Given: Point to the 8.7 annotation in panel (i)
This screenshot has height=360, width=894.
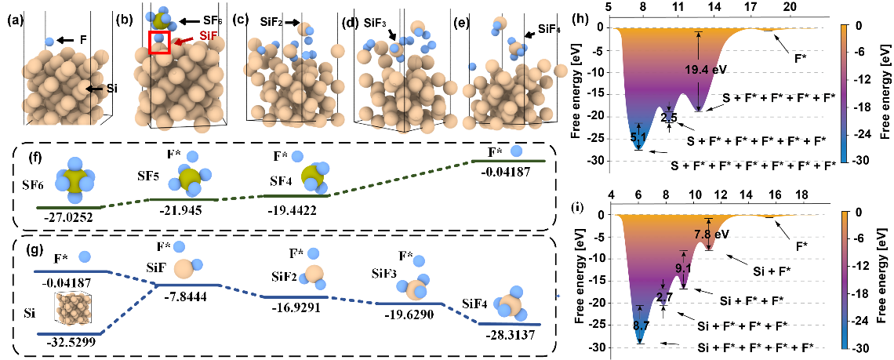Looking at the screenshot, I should click(641, 326).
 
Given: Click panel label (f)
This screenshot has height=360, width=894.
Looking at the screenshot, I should click(35, 156).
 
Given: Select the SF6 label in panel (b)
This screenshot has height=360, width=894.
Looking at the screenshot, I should click(209, 20).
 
